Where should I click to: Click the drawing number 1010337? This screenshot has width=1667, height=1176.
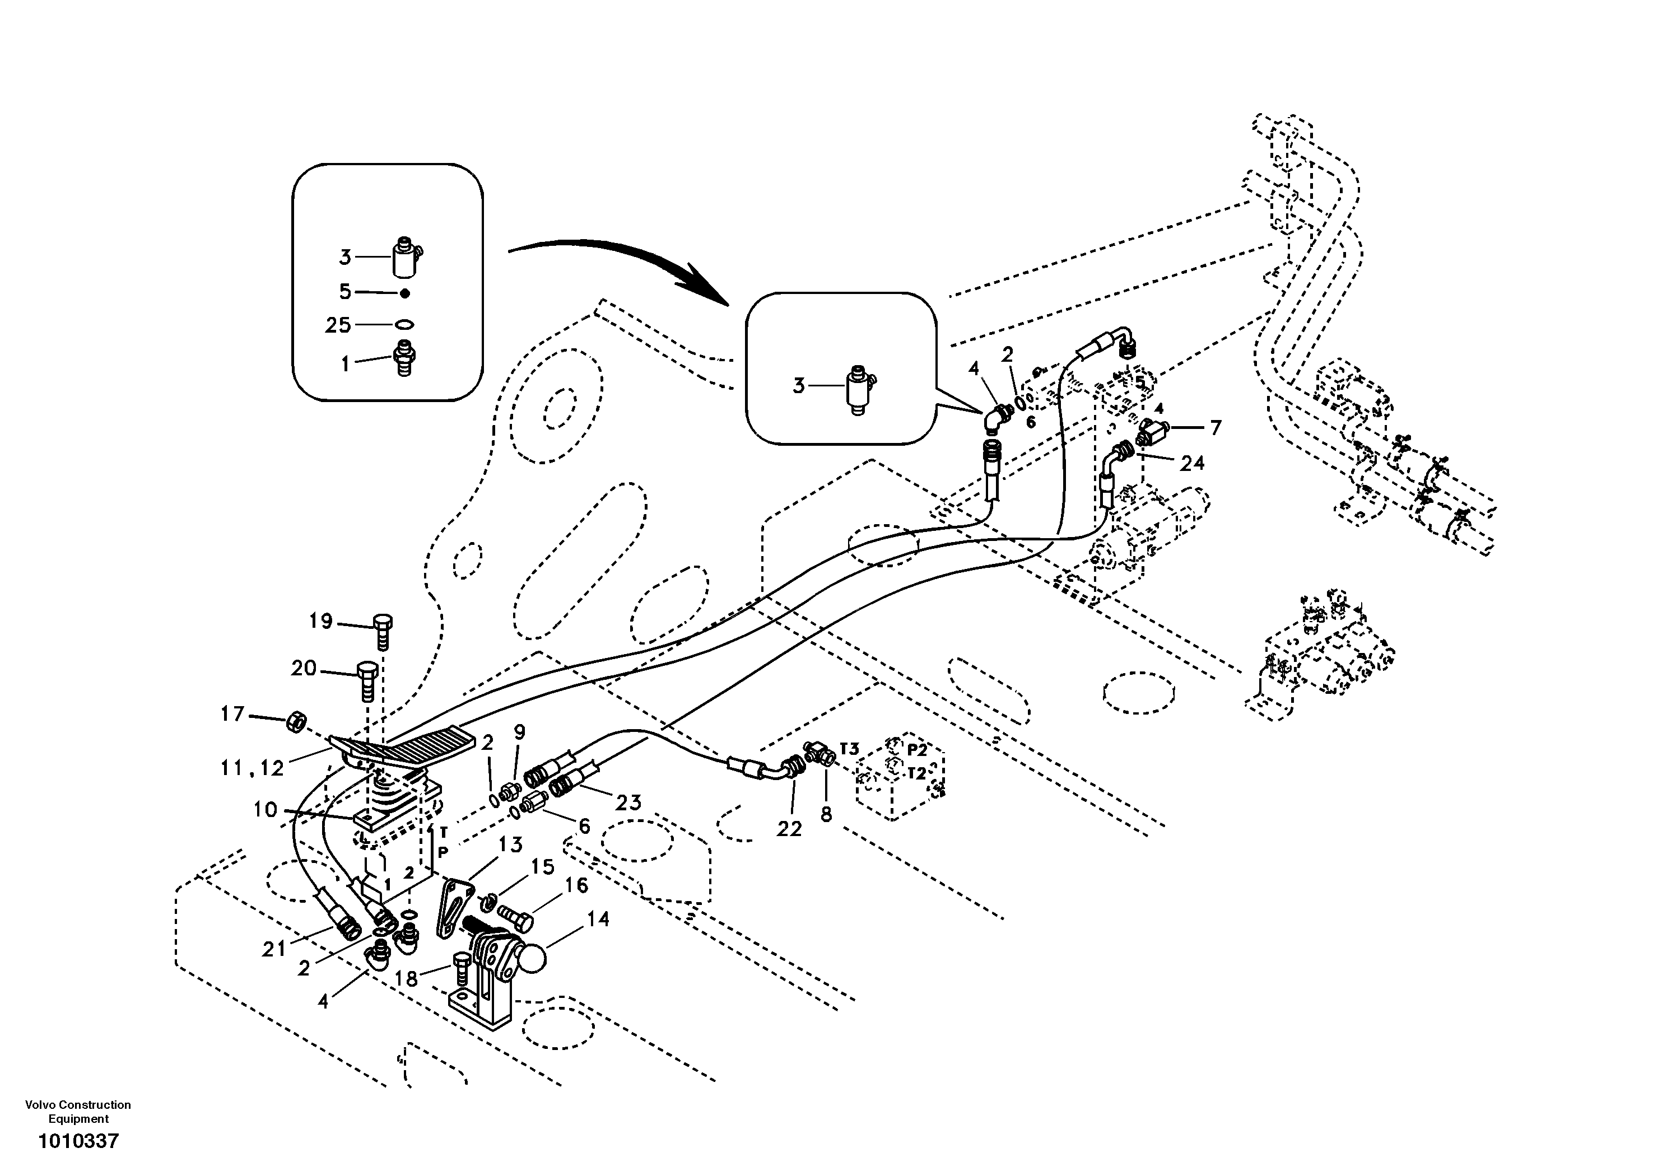click(x=78, y=1142)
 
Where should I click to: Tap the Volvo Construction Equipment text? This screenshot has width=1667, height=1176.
click(x=78, y=1112)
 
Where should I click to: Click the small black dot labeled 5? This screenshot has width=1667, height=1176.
click(x=405, y=293)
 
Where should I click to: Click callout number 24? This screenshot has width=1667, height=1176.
click(x=1191, y=463)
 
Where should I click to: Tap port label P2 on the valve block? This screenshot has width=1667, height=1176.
click(x=917, y=750)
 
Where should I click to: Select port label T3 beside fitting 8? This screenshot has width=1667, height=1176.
click(x=850, y=748)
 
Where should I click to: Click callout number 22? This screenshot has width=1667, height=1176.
click(x=789, y=828)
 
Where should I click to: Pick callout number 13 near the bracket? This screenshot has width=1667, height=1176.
click(x=510, y=844)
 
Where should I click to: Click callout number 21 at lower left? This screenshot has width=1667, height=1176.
click(x=274, y=949)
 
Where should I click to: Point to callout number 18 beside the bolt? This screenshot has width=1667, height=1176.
click(x=406, y=979)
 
